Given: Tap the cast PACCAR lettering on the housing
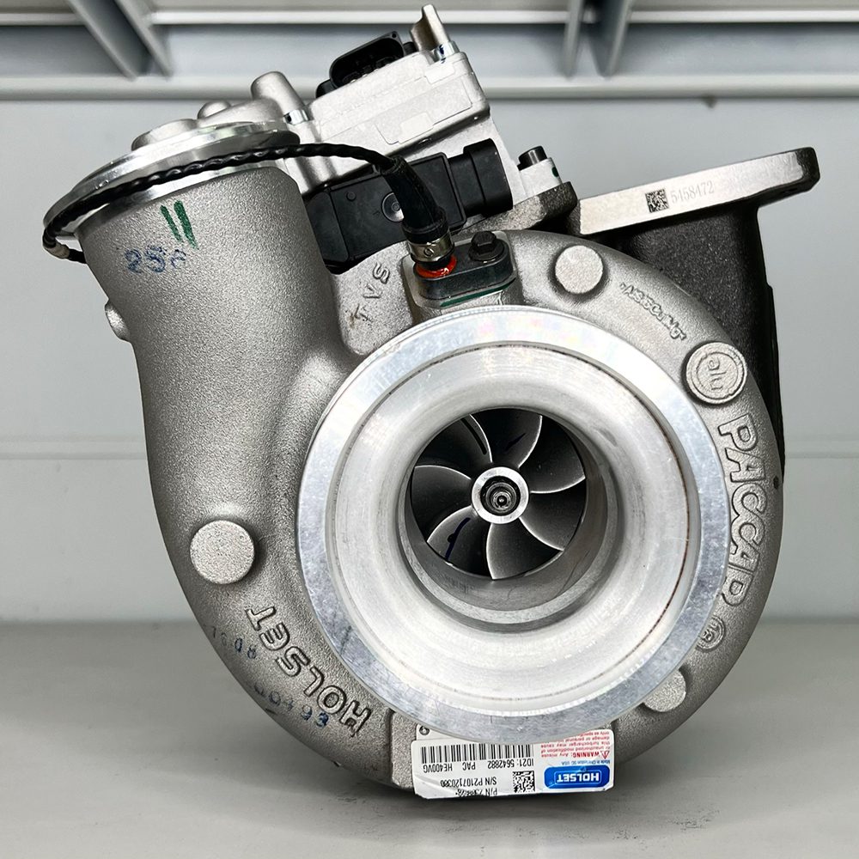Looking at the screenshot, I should [740, 507].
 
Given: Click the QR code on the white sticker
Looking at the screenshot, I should [523, 781].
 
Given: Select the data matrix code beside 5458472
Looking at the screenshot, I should [656, 201].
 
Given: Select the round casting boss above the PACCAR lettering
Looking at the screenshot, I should [578, 269].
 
